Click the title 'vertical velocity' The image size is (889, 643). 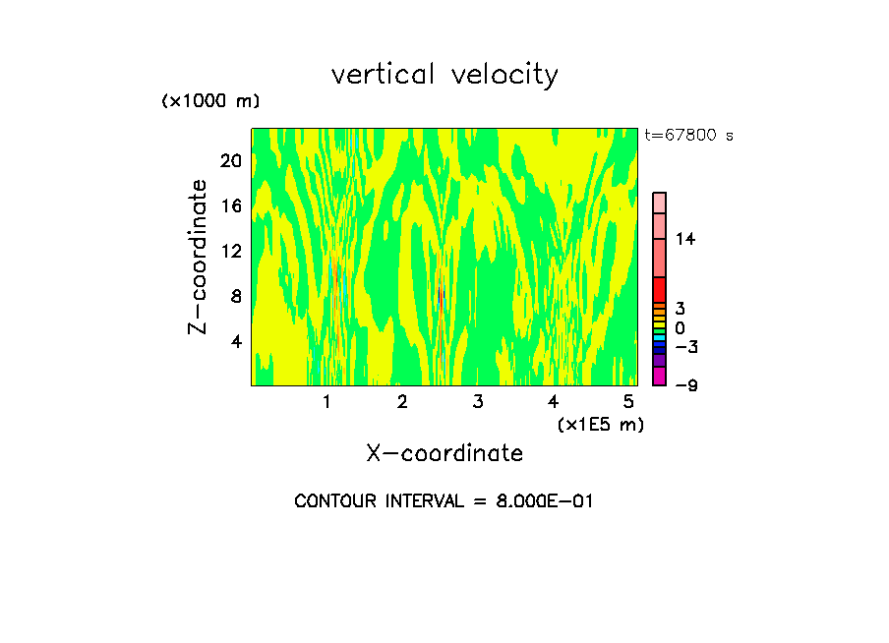[x=444, y=74]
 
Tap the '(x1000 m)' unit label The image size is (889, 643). [x=210, y=101]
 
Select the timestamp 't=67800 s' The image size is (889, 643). [x=688, y=136]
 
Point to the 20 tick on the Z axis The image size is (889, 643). [x=230, y=160]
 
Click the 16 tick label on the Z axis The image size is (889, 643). [x=230, y=205]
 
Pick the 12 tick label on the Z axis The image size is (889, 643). [x=230, y=251]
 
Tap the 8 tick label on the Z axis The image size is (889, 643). [x=236, y=296]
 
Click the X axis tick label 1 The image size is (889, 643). [x=326, y=402]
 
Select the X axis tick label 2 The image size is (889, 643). [x=402, y=402]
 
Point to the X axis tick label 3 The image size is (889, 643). [x=477, y=402]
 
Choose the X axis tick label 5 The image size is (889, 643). [x=628, y=402]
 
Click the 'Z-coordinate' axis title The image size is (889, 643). [x=199, y=257]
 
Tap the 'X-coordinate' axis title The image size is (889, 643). [x=444, y=453]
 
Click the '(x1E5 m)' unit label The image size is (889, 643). [x=600, y=425]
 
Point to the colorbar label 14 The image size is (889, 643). [x=685, y=239]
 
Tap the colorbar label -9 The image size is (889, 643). [x=685, y=384]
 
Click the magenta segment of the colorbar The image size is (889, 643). [x=659, y=376]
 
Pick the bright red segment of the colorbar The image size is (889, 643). [x=659, y=290]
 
